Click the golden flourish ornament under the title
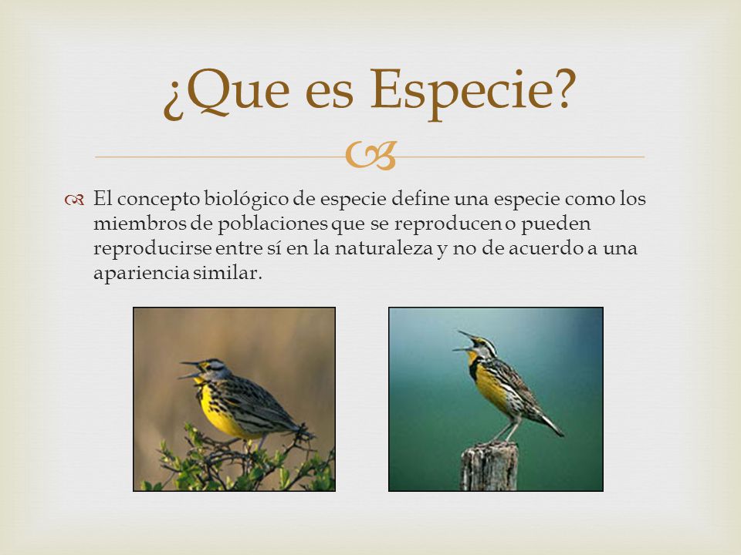tap(371, 156)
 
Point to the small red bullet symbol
tap(75, 200)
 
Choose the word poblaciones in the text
tap(272, 224)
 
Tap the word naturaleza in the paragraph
tap(384, 248)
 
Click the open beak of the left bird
tap(190, 369)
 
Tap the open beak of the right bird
tap(465, 341)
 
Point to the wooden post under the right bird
tap(489, 466)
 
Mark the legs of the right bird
tap(506, 432)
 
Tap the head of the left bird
tap(211, 368)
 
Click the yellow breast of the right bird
tap(489, 385)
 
